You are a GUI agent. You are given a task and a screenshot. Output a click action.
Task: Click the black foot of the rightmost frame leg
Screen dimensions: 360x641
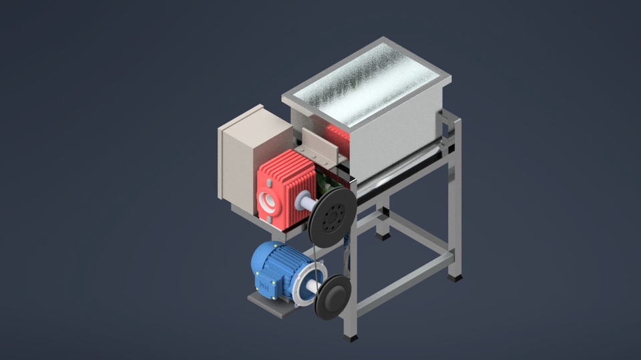click(455, 275)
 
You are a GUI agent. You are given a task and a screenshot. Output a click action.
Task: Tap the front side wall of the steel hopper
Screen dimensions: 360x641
click(394, 140)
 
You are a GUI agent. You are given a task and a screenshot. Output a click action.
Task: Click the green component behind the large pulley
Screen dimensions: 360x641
click(327, 181)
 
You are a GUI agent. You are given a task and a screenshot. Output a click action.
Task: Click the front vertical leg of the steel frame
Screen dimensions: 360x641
click(351, 281)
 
